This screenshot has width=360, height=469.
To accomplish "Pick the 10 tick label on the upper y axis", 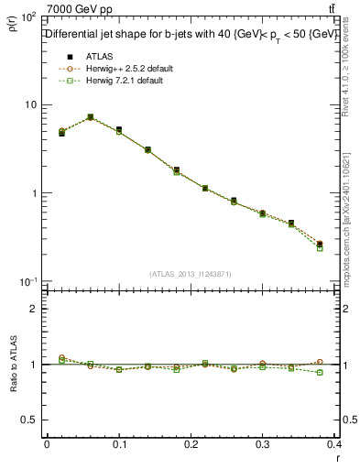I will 29,104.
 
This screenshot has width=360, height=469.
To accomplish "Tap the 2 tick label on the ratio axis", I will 34,309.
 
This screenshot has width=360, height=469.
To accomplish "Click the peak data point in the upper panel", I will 90,117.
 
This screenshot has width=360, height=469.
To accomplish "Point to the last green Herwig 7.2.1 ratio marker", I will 345,372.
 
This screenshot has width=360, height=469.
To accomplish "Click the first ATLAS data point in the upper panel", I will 61,134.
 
